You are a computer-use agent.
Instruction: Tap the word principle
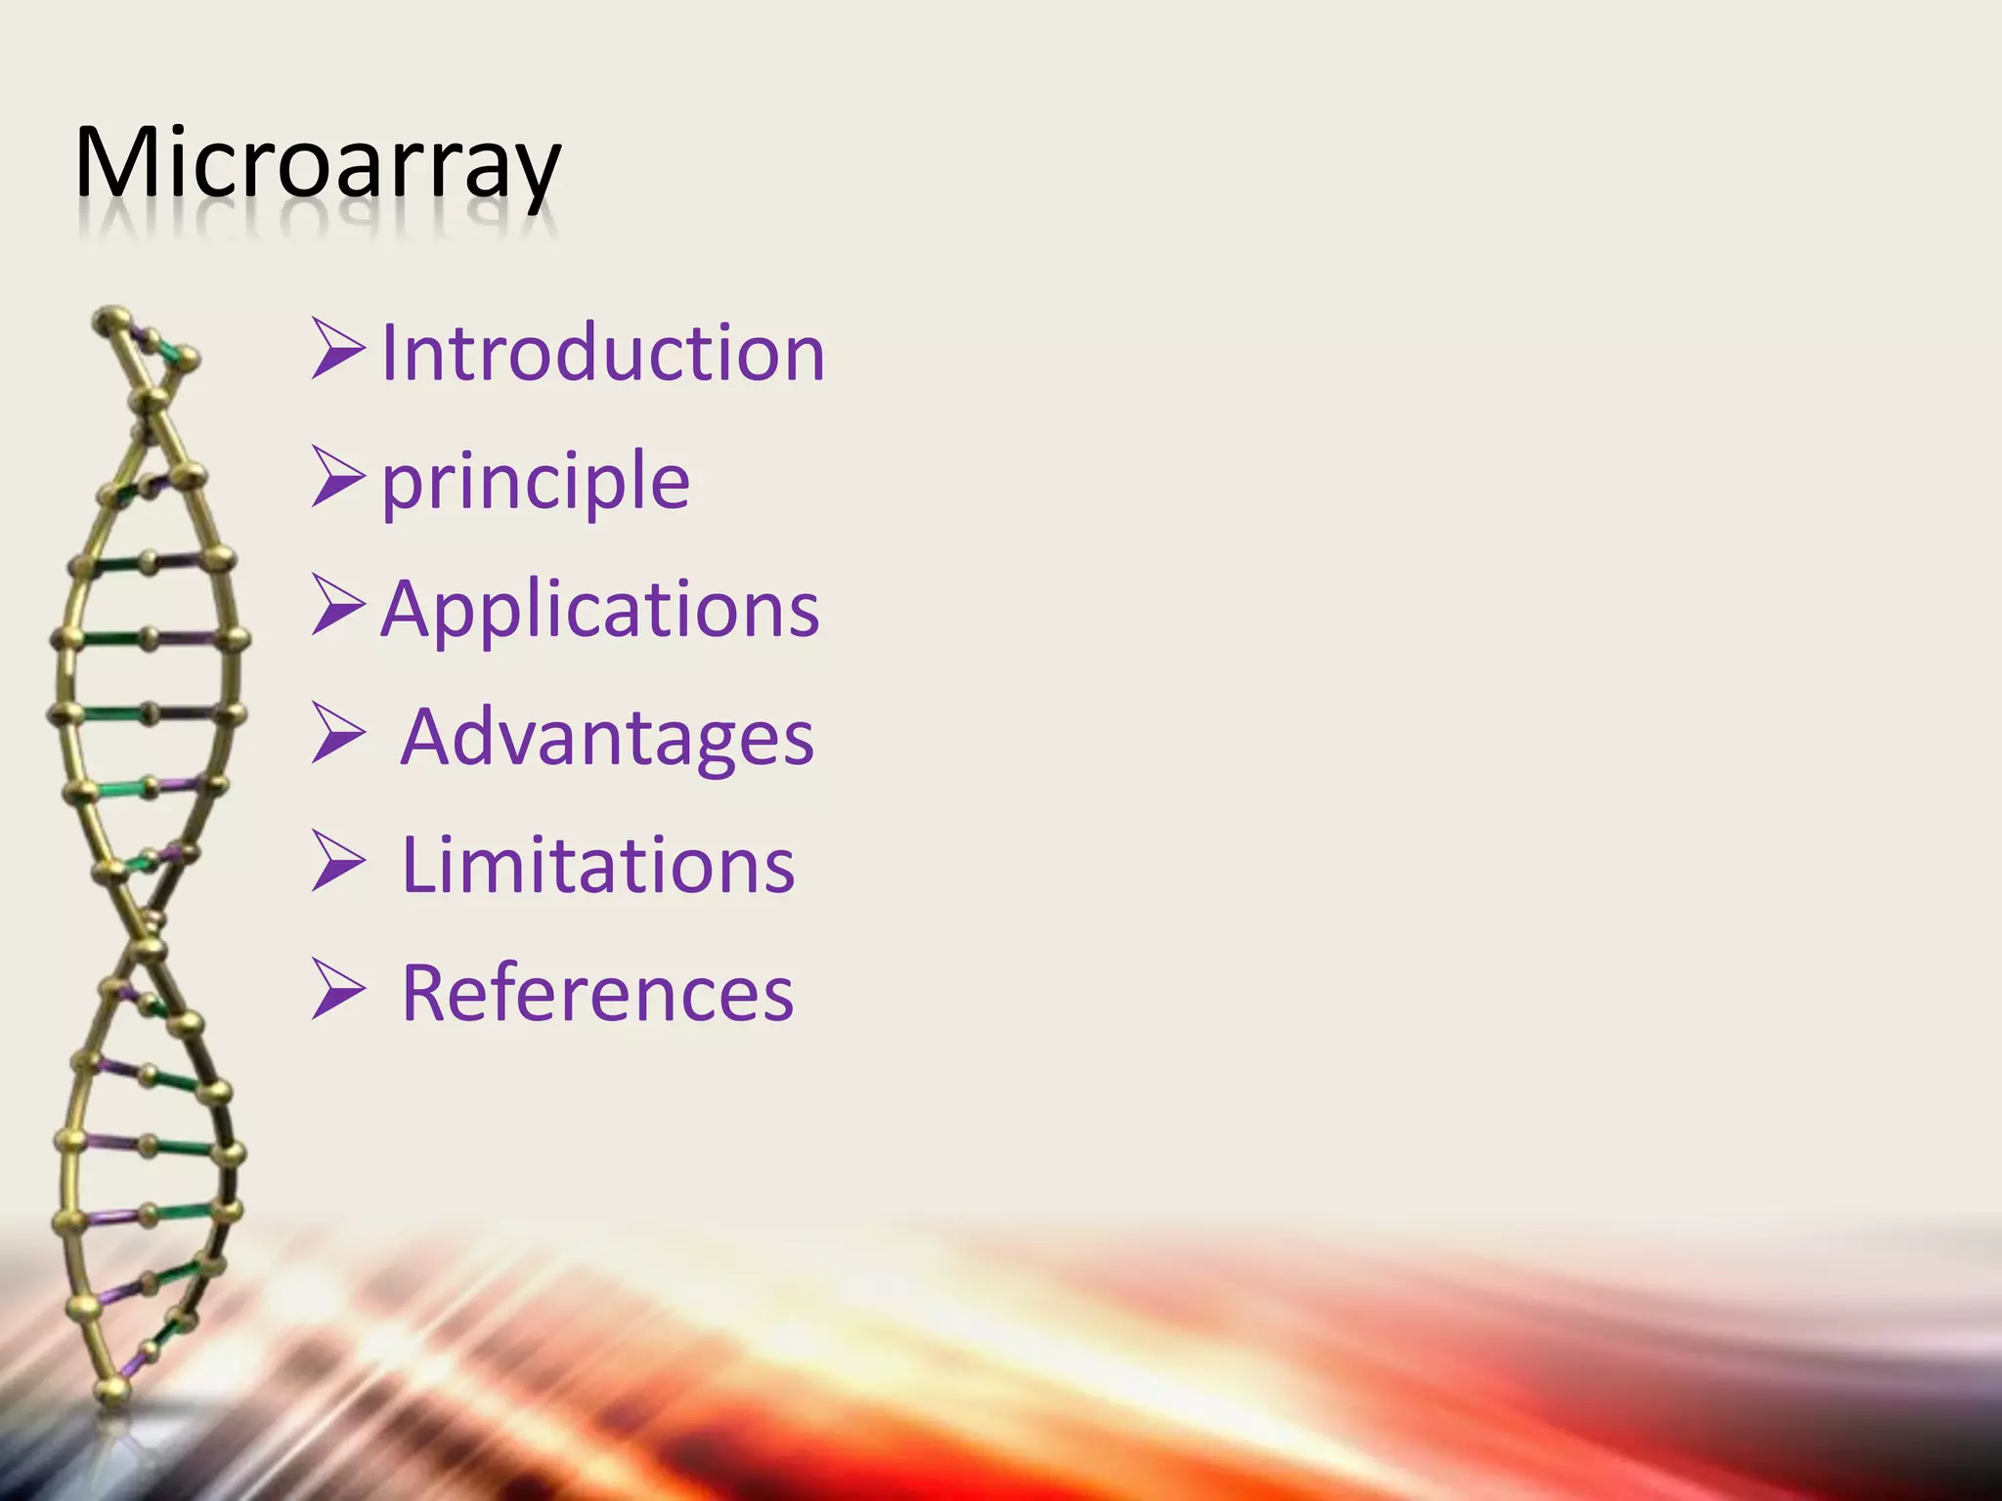[535, 481]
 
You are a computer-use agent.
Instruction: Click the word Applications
[599, 609]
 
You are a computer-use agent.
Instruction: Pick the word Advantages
[607, 737]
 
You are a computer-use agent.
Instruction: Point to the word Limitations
[598, 865]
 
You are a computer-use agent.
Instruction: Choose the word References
[597, 993]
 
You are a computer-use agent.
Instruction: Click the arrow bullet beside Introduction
[338, 349]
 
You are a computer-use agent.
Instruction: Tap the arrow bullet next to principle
[338, 477]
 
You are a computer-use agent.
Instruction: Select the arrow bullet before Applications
[338, 605]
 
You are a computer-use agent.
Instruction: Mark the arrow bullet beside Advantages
[338, 733]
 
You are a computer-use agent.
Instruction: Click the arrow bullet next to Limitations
[338, 861]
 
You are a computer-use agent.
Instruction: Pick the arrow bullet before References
[338, 989]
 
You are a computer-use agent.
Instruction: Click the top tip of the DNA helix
[110, 318]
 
